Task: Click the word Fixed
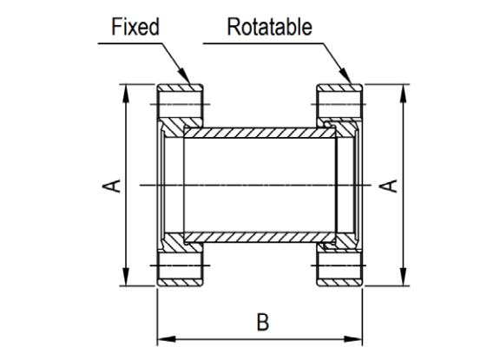tap(136, 27)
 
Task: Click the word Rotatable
tap(269, 27)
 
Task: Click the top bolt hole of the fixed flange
tap(181, 108)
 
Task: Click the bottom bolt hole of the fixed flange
tap(181, 263)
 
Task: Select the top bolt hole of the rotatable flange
tap(339, 108)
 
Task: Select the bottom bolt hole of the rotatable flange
tap(339, 263)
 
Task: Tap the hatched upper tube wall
tap(260, 134)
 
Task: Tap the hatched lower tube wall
tap(260, 237)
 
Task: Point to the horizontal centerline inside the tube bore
tap(260, 185)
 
